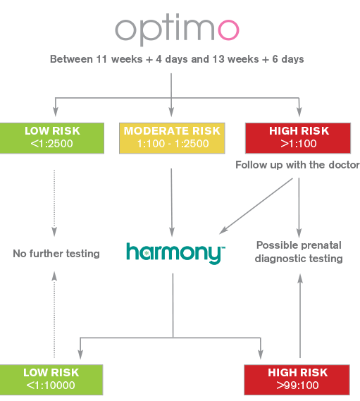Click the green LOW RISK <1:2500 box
(52, 138)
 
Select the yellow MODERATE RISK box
(172, 138)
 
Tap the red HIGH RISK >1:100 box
(298, 138)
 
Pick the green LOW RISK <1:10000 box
(51, 380)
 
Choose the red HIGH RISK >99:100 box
(297, 380)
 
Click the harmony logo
(175, 253)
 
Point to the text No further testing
(56, 254)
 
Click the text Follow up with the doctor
(297, 165)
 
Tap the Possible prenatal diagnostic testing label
(299, 252)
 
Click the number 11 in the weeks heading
(101, 59)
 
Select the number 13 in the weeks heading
(218, 59)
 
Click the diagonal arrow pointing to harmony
(256, 206)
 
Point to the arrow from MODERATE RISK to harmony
(172, 202)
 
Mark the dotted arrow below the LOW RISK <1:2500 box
(54, 203)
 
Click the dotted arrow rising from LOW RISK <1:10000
(54, 314)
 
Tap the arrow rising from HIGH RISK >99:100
(300, 316)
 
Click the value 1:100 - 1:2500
(173, 144)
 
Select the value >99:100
(297, 385)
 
